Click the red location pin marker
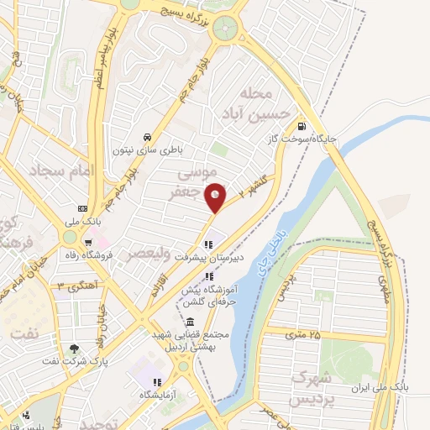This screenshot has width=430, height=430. coord(216,197)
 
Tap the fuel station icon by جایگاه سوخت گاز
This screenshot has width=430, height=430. coord(301,129)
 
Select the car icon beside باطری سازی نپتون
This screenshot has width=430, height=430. coord(147,137)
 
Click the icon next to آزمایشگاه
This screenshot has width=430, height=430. coord(145,393)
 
